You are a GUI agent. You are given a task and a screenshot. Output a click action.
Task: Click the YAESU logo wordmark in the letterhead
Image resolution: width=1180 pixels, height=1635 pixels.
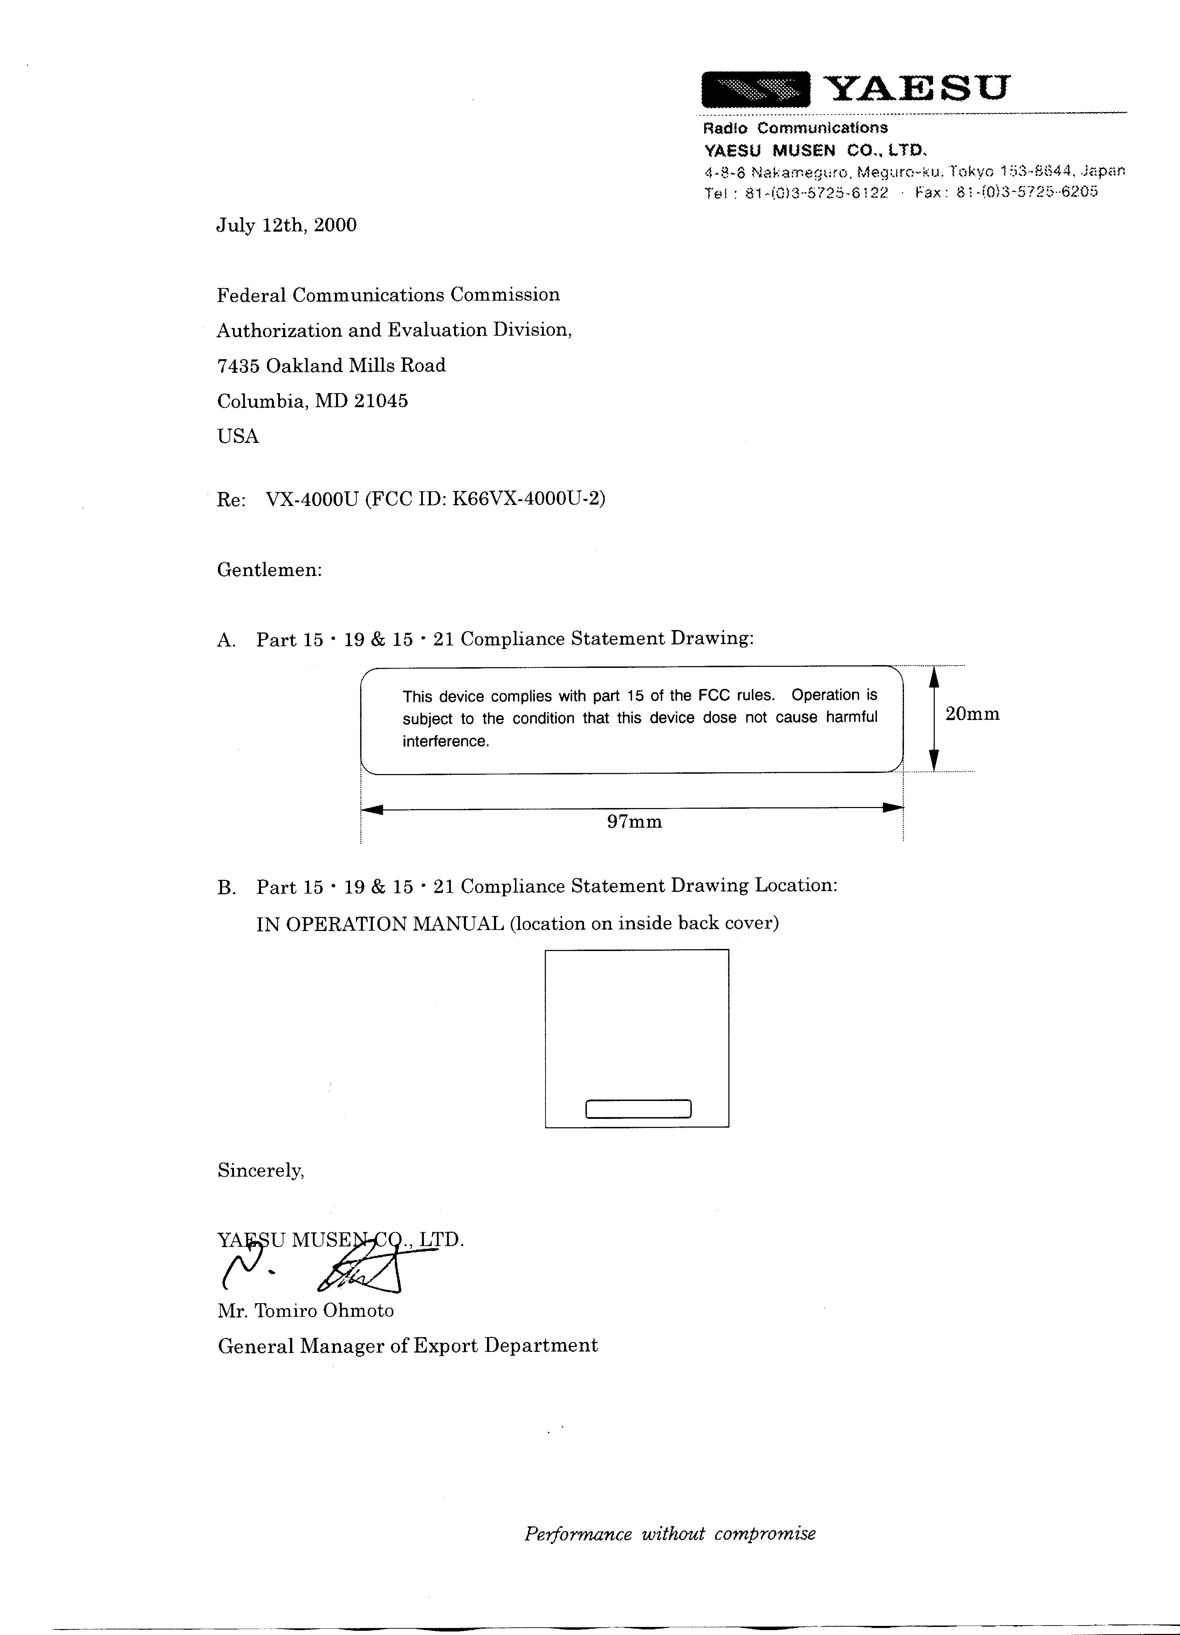pos(915,89)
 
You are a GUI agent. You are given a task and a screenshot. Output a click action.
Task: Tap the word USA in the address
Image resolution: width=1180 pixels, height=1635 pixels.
pos(238,436)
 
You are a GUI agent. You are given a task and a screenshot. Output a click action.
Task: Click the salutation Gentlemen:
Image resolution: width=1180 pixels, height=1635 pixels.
pos(269,570)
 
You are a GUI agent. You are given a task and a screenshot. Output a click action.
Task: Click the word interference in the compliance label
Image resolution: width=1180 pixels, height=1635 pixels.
pos(445,741)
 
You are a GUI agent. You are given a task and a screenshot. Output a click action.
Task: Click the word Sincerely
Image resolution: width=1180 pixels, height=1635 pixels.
pos(260,1171)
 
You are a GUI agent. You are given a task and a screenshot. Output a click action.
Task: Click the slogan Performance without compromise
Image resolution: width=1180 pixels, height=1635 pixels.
pos(670,1533)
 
